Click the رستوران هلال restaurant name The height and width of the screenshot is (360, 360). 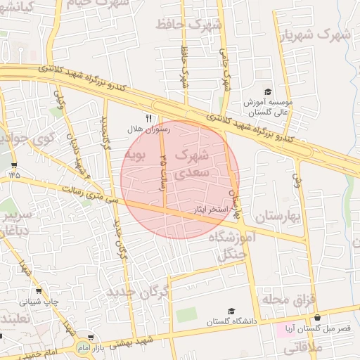tap(145, 129)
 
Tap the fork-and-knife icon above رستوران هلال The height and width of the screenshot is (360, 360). tap(148, 117)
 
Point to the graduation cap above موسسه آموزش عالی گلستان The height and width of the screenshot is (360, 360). tap(267, 92)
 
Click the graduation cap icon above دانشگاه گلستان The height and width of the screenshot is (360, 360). tap(231, 310)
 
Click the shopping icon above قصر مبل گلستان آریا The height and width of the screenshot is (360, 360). tap(317, 318)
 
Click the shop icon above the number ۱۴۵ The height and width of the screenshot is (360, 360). tap(14, 165)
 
